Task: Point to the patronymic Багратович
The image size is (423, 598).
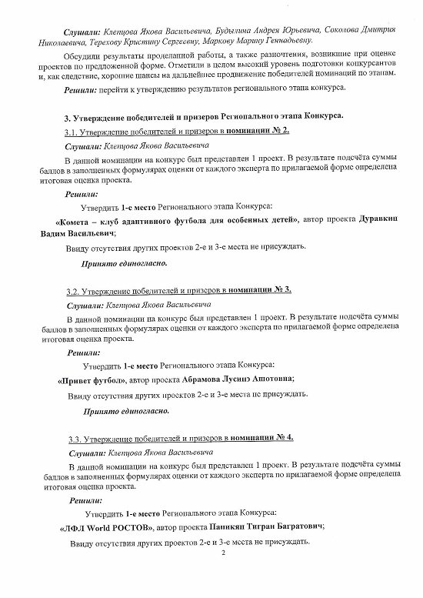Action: click(293, 528)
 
